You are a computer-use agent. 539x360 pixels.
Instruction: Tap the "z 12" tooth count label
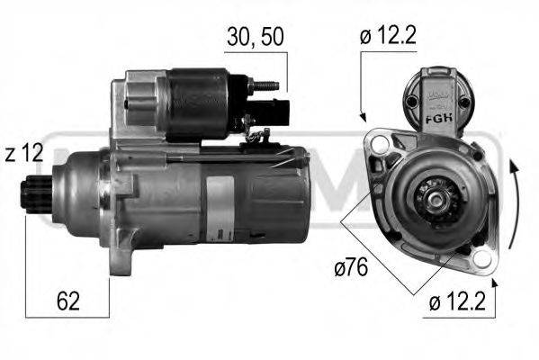[22, 154]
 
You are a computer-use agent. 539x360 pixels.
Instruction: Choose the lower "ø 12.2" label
[459, 302]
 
